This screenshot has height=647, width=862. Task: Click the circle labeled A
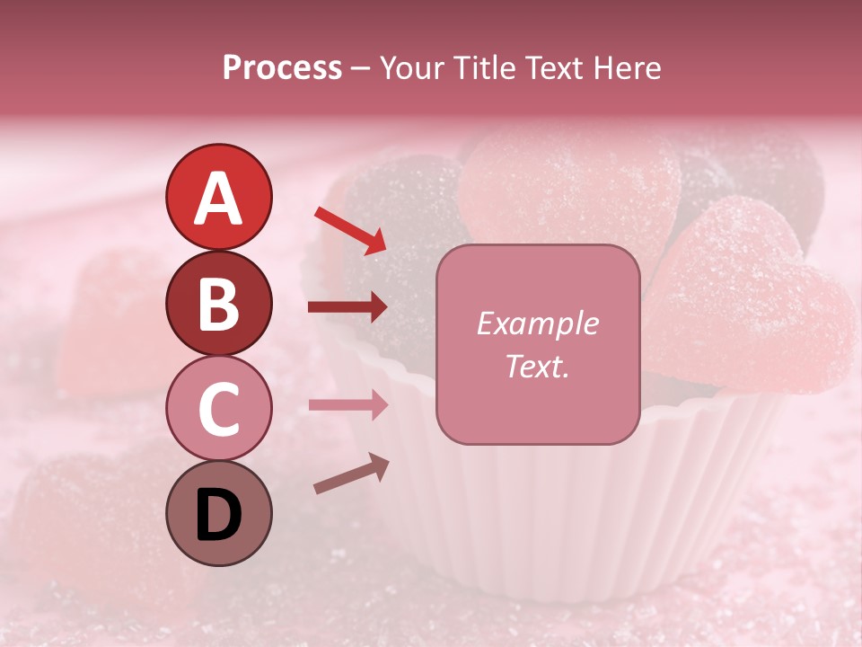click(218, 197)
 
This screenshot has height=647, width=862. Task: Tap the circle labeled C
click(218, 408)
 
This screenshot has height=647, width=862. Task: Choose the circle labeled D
click(218, 513)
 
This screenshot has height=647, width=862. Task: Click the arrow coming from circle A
click(350, 230)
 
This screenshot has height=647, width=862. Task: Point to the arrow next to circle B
click(347, 307)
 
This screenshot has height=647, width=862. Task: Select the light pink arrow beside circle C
click(347, 404)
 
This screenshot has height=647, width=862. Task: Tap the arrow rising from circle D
click(351, 474)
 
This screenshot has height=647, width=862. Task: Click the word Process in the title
click(282, 67)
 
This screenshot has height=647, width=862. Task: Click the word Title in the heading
click(485, 67)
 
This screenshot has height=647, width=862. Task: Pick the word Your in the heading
click(415, 67)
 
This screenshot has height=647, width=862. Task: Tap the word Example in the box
click(537, 323)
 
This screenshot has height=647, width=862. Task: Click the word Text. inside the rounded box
click(537, 366)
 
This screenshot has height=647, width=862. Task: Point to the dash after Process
click(361, 68)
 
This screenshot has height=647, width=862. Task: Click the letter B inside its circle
click(218, 304)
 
